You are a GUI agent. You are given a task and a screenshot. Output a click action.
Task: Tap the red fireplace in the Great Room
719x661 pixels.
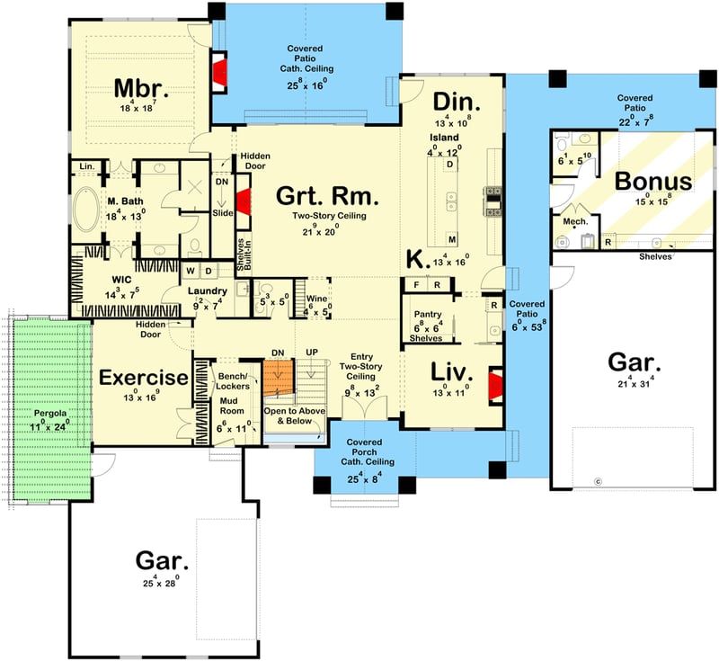[241, 203]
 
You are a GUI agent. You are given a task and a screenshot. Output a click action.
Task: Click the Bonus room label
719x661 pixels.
[653, 181]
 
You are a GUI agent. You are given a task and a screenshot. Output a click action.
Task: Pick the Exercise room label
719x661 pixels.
[144, 377]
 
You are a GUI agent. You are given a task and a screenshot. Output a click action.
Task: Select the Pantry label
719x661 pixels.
[426, 315]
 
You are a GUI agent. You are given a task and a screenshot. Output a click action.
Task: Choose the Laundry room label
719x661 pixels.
[206, 290]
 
